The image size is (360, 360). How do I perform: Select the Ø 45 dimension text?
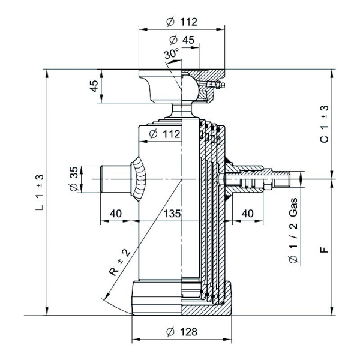pos(182,40)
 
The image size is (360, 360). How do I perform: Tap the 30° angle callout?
pos(171,54)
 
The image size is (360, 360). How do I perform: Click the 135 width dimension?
pos(172,214)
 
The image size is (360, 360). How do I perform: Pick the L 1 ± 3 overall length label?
pos(40,193)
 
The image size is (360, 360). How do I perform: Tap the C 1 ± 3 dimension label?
pos(324,124)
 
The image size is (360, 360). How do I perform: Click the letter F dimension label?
pos(324,248)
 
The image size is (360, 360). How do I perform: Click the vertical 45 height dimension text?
pos(94,86)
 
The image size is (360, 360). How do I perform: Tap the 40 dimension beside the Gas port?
pos(247,214)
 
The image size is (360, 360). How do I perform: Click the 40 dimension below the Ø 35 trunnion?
pos(116,214)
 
